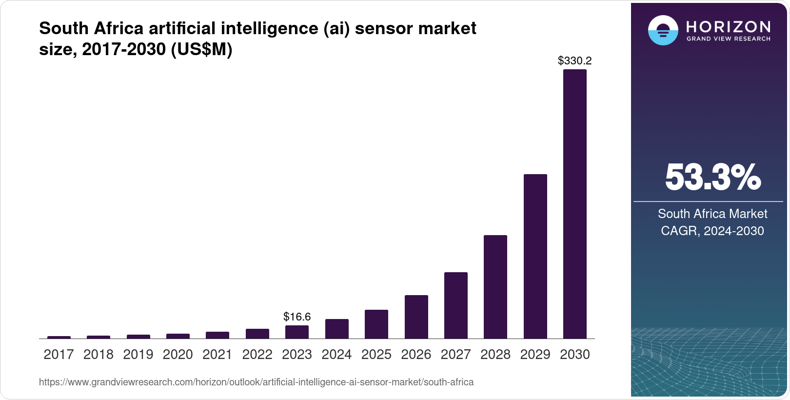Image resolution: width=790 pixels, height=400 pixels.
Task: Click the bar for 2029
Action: point(535,256)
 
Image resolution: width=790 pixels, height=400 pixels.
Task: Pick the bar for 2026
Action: point(416,317)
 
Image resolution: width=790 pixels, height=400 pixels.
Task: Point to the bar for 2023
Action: point(297,332)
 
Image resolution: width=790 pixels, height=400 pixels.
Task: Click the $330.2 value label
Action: point(574,61)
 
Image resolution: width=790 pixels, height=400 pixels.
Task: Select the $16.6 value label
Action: point(297,317)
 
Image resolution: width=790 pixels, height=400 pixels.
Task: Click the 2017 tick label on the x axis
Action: point(59,355)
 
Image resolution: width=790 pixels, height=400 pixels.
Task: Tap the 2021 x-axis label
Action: point(217,355)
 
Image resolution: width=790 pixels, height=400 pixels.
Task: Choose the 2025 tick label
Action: point(376,355)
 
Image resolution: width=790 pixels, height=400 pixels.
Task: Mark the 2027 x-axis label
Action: point(456,355)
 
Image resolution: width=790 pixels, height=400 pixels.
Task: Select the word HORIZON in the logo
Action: point(728,26)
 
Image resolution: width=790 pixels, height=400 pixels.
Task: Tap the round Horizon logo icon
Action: point(663,30)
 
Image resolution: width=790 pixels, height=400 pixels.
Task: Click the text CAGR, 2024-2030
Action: point(712,231)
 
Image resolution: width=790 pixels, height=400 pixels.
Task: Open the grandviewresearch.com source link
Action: point(256,382)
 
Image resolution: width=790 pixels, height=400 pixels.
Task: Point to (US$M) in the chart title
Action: point(201,49)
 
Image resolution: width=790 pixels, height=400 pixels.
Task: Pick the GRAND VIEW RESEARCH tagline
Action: point(728,39)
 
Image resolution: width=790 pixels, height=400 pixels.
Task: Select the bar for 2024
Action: point(336,329)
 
